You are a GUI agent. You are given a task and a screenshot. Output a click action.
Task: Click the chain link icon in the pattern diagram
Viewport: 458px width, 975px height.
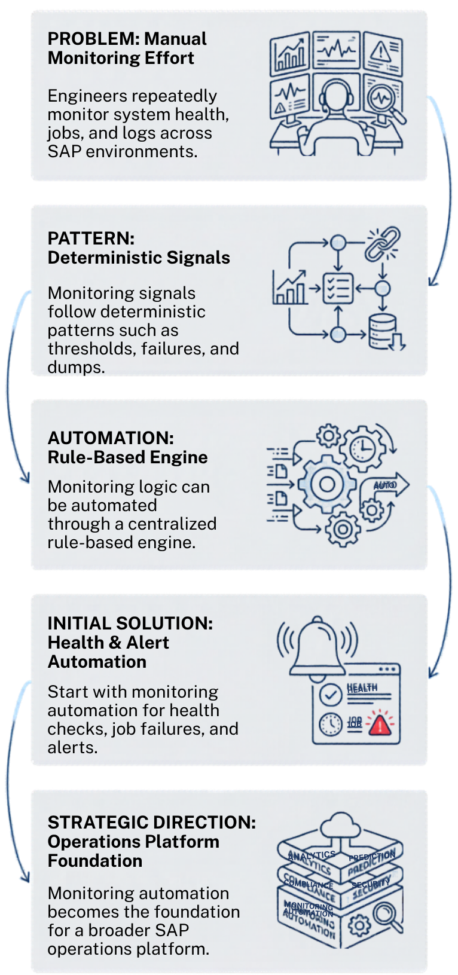[383, 243]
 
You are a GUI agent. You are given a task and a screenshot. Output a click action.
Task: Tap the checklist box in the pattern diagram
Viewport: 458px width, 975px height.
[338, 289]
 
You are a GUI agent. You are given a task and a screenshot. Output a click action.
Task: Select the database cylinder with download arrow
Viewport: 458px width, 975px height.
[384, 332]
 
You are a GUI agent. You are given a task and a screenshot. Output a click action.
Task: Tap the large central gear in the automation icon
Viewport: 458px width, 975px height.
[326, 484]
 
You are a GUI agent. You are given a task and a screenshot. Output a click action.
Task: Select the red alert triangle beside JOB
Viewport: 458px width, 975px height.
[378, 724]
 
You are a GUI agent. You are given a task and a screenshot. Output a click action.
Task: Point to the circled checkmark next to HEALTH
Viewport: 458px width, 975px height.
[331, 694]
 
